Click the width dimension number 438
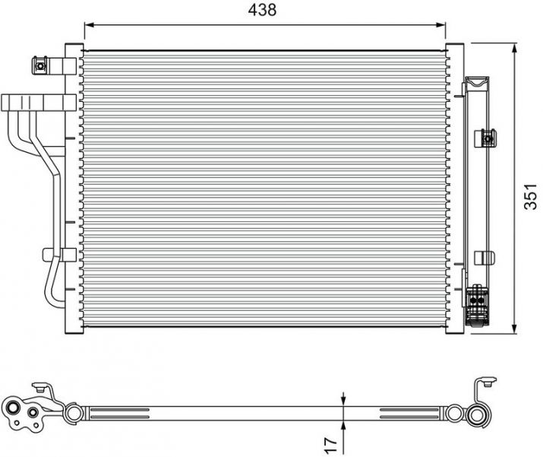coord(262,10)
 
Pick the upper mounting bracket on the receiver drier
coord(487,138)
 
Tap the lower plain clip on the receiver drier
coord(484,258)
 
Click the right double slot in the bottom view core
coord(410,414)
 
